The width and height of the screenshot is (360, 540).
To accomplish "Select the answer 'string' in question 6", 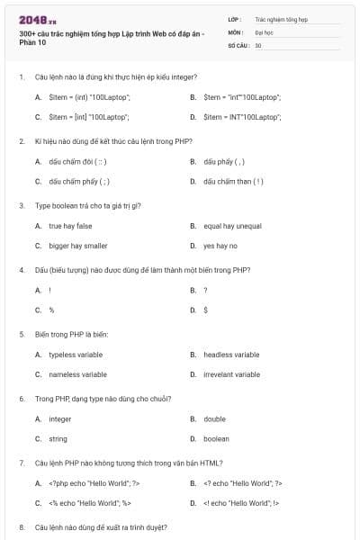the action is (x=58, y=439).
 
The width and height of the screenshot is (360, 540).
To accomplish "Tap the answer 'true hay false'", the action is (x=70, y=226).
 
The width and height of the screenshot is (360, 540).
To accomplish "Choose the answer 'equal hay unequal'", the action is (x=232, y=226).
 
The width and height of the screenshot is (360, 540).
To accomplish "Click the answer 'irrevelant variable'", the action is (x=231, y=374).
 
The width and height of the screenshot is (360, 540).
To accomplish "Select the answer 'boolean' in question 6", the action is (x=216, y=439).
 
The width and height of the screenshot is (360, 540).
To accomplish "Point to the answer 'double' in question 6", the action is (x=214, y=419).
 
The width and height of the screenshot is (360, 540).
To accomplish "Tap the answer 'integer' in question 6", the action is (x=59, y=419).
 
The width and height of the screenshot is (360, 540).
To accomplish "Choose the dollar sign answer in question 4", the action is (x=206, y=310).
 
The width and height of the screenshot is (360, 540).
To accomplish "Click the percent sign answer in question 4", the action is (x=51, y=310).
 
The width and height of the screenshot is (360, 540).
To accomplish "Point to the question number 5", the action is (x=21, y=334).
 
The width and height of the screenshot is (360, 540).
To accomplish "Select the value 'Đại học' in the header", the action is (x=264, y=31).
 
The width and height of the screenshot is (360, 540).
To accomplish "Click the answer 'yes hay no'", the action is (x=220, y=246).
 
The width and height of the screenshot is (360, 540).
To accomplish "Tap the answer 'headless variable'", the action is (x=231, y=355).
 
